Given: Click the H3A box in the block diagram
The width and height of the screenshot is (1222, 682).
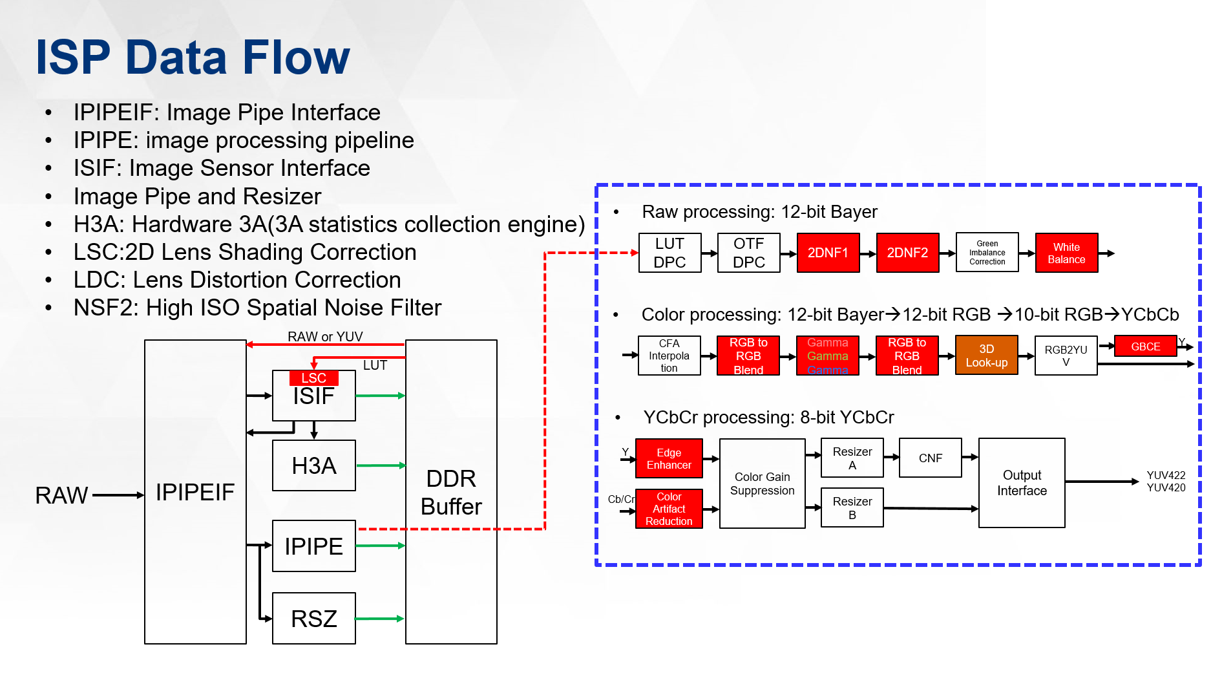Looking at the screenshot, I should click(x=313, y=465).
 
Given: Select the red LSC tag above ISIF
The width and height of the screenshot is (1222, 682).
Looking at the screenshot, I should click(x=313, y=378).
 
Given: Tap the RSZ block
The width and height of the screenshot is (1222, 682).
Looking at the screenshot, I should click(x=313, y=619).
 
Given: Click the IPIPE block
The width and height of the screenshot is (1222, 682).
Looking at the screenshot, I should click(x=313, y=546).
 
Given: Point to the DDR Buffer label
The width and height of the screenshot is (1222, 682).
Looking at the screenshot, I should click(x=451, y=493).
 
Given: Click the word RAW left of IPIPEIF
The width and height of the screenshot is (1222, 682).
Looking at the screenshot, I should click(x=61, y=496).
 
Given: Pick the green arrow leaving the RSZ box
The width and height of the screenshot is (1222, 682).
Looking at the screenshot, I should click(x=379, y=619).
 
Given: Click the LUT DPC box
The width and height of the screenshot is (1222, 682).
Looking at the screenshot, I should click(x=669, y=253).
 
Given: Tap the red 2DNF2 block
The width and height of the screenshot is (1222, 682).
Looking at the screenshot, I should click(x=907, y=253).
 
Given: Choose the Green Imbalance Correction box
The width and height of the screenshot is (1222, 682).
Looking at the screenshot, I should click(x=987, y=253).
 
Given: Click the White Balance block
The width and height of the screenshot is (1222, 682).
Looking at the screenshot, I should click(x=1066, y=253).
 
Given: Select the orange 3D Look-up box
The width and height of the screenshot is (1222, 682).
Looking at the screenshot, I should click(x=986, y=356).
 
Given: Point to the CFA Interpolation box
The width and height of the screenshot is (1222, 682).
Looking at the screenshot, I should click(x=669, y=356).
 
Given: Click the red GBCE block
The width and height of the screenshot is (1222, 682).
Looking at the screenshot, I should click(x=1145, y=346).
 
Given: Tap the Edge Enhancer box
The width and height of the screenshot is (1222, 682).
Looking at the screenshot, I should click(x=669, y=458).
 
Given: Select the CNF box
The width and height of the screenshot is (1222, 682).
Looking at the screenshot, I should click(x=930, y=458).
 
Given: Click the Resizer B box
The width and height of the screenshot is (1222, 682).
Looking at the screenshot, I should click(x=852, y=507).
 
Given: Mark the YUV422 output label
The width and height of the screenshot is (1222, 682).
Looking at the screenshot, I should click(x=1166, y=475).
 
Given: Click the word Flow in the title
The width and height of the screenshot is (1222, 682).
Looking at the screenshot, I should click(x=297, y=58).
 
